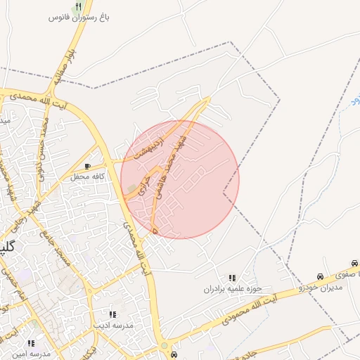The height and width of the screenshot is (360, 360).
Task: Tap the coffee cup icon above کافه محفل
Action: click(87, 167)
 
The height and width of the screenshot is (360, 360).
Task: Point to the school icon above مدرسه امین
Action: click(31, 343)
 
